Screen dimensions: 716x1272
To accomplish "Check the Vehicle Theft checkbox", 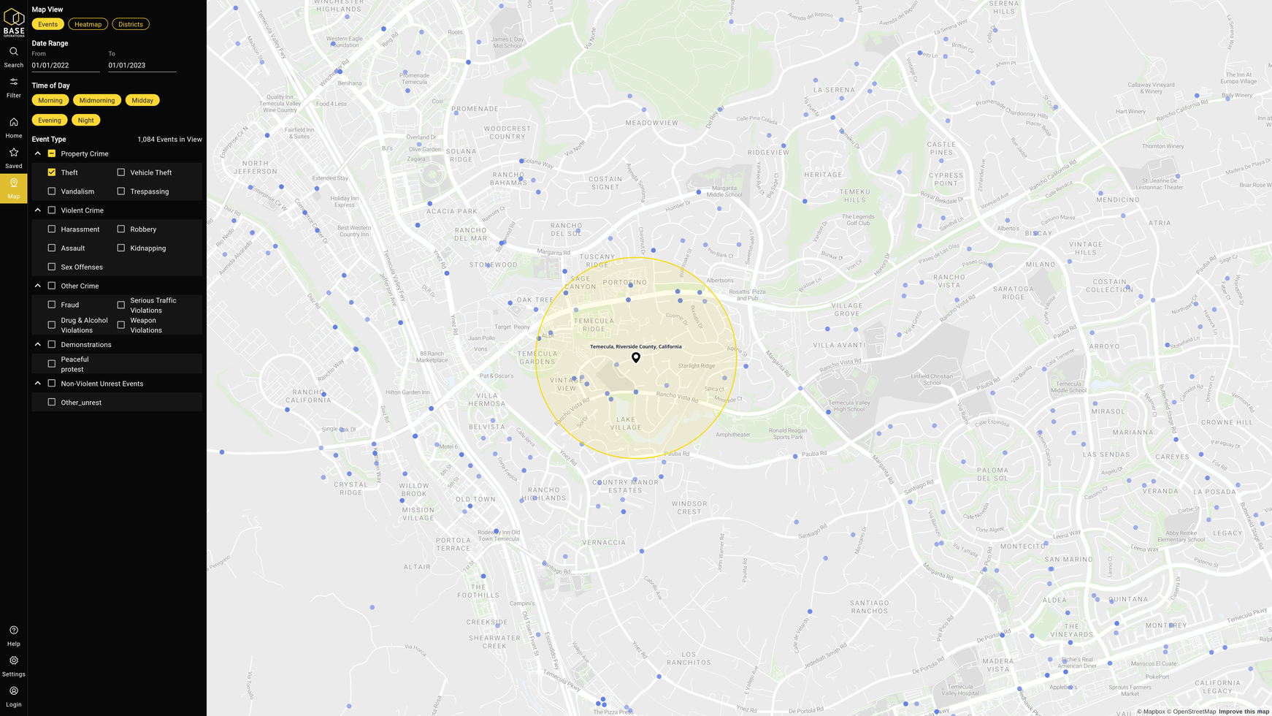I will click(x=121, y=172).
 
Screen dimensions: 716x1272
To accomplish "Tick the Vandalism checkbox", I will click(x=52, y=191).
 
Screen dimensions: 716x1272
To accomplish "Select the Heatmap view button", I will click(x=88, y=24).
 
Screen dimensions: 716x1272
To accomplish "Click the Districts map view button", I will click(x=131, y=24).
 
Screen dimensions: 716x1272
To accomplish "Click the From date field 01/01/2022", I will click(x=65, y=65).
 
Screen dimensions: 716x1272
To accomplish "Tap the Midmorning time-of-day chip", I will click(x=97, y=100).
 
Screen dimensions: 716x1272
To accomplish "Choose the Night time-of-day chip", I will click(x=85, y=120).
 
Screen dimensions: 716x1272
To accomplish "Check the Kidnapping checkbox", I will click(x=121, y=248).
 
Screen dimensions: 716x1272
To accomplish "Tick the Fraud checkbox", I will click(x=52, y=305).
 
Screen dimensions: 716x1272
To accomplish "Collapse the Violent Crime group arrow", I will click(x=38, y=210).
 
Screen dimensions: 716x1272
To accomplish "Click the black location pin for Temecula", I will click(x=636, y=357).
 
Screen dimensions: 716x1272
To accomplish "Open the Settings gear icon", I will click(x=14, y=660).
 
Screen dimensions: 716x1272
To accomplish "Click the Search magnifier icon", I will click(x=14, y=52).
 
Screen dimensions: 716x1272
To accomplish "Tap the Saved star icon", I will click(x=14, y=153).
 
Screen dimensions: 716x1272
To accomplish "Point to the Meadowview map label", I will click(x=651, y=123).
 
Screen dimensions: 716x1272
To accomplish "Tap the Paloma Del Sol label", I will click(x=992, y=474).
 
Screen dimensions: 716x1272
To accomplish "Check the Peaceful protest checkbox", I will click(x=52, y=364).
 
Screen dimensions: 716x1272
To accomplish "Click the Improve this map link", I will click(x=1244, y=712).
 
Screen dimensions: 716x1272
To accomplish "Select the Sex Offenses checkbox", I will click(x=52, y=267).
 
